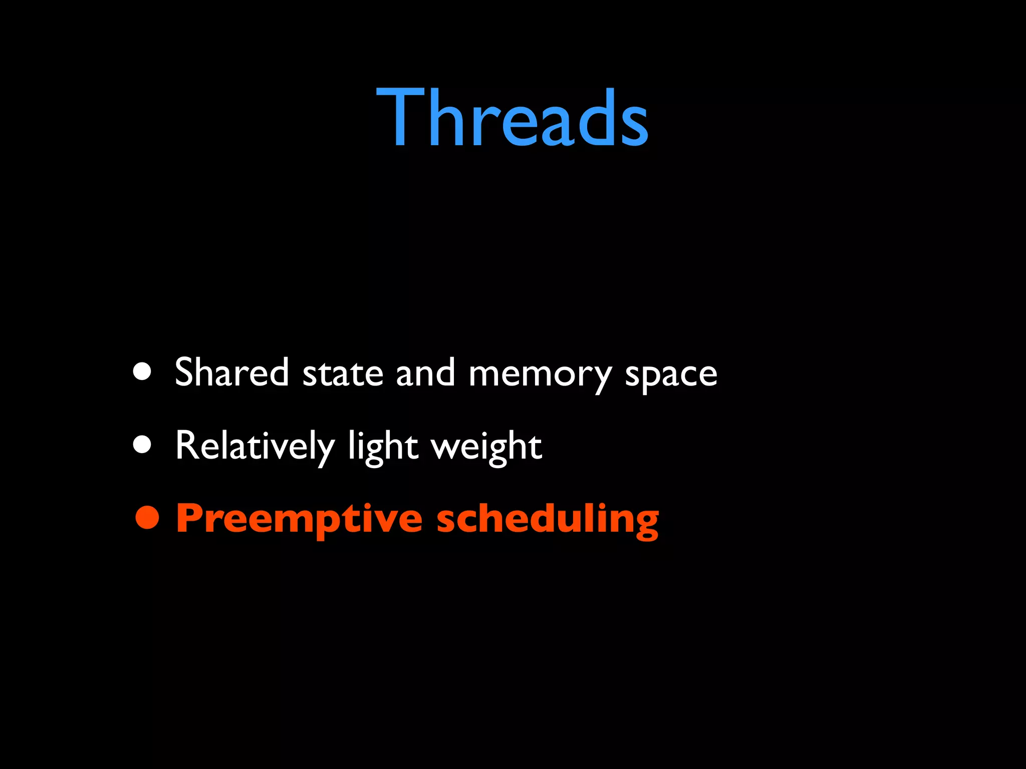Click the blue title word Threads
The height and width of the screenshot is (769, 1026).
pos(512,118)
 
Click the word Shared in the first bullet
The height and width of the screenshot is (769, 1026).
pos(231,372)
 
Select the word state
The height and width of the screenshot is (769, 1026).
pos(343,373)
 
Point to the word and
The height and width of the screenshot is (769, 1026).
pos(425,372)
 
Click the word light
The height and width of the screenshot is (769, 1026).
pos(383,447)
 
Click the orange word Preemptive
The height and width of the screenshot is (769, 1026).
pos(299,520)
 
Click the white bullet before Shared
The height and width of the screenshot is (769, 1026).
pos(142,372)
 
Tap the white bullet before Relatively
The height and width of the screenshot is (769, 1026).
pos(142,445)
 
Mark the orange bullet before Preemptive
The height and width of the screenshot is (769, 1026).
pos(147,518)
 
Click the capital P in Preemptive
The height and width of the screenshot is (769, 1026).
pos(190,518)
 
